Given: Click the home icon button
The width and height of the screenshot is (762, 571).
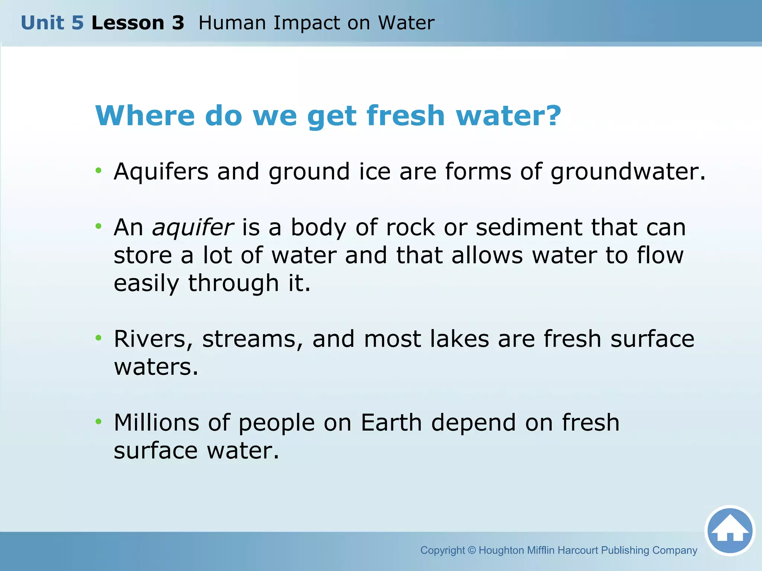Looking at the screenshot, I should pyautogui.click(x=730, y=530).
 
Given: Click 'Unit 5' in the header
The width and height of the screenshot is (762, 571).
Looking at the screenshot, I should pyautogui.click(x=52, y=23).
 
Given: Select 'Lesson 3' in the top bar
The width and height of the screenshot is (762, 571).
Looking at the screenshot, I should pyautogui.click(x=138, y=23).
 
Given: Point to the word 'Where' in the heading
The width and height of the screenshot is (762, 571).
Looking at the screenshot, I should pyautogui.click(x=145, y=116).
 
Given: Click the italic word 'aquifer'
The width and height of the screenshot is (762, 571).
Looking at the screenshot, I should pyautogui.click(x=193, y=228).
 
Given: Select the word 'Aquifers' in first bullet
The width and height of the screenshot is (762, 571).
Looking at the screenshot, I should pyautogui.click(x=161, y=172).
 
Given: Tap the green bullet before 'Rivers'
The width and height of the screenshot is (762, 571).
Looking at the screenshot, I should pyautogui.click(x=98, y=338).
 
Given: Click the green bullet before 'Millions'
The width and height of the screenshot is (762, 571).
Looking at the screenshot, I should pyautogui.click(x=98, y=421).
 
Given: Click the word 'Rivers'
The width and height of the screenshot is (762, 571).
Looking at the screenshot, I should pyautogui.click(x=153, y=339).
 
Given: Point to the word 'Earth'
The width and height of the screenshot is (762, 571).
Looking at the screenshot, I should pyautogui.click(x=391, y=423).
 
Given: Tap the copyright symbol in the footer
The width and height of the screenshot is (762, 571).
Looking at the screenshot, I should pyautogui.click(x=472, y=550).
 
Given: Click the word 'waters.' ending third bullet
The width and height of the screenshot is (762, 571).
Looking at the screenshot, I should pyautogui.click(x=156, y=367).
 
